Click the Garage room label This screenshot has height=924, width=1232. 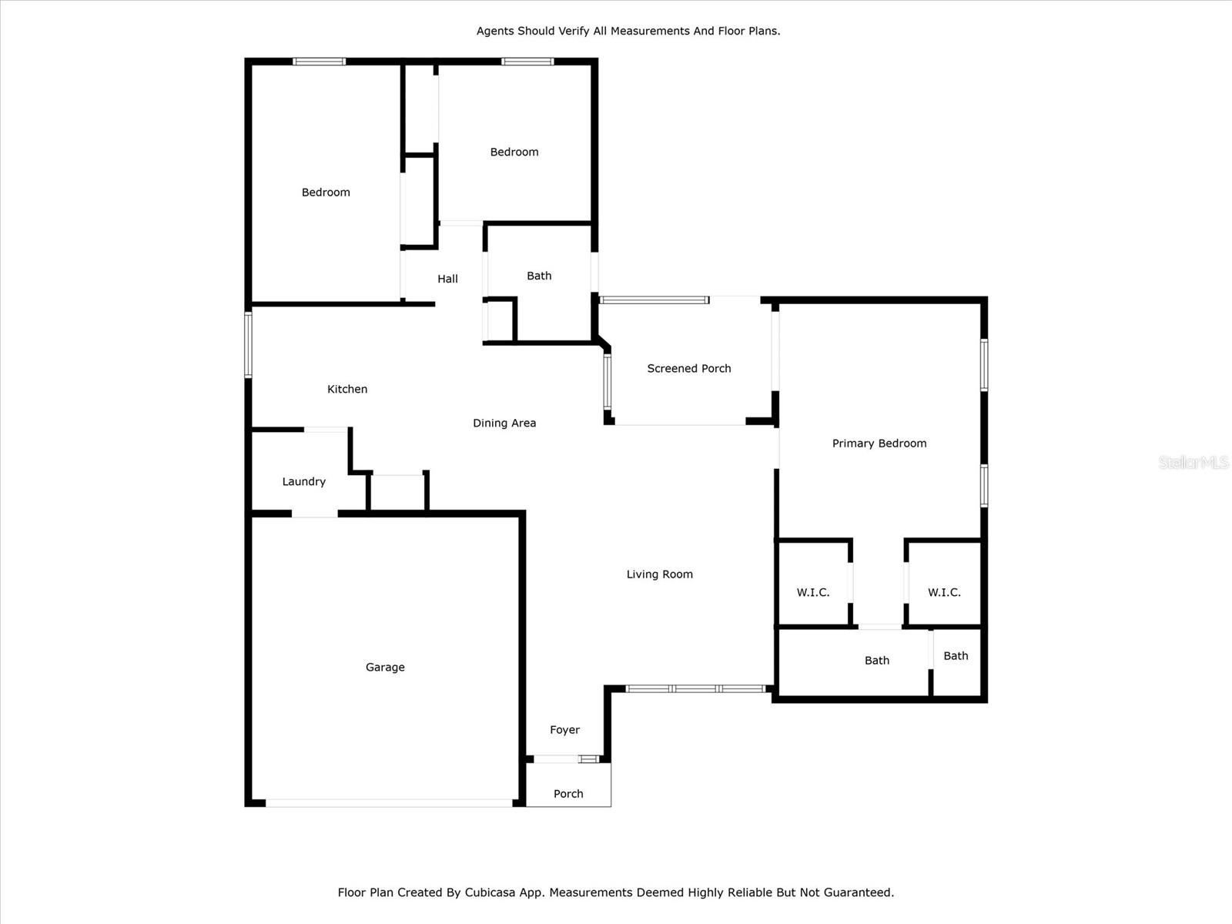pos(385,667)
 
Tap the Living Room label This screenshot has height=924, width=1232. pos(659,574)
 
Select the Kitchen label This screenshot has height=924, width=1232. pos(347,389)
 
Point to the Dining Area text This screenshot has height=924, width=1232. pos(504,423)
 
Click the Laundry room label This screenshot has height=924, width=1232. pos(303,481)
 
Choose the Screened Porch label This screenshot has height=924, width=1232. pos(689,369)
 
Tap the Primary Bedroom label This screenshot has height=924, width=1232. pos(879,444)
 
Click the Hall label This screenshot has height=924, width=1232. pos(448,279)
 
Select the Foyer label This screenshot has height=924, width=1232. pos(564,730)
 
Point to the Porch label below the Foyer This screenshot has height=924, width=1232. pos(568,794)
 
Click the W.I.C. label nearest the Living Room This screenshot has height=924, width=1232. pos(813,592)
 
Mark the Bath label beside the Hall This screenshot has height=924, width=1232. pos(540,276)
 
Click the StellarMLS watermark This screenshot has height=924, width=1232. pos(1193,462)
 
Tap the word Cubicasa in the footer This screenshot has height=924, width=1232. pos(487,892)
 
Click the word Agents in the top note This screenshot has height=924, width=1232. pos(495,31)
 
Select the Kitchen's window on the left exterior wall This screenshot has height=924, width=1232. pos(248,345)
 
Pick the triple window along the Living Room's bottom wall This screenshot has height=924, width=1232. pos(696,689)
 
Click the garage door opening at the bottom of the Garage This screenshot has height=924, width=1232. pos(390,803)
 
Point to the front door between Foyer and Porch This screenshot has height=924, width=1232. pos(556,759)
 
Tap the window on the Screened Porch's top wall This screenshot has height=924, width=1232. pos(654,300)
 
